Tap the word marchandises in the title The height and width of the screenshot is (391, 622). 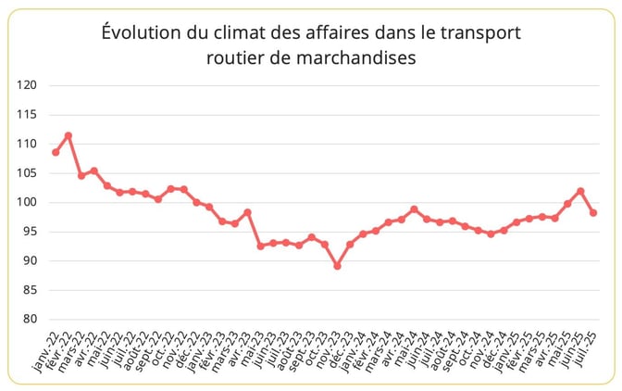(361, 57)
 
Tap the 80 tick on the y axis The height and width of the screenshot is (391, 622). (30, 320)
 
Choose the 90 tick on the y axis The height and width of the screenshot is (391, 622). (30, 261)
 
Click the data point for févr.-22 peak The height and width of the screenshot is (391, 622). (68, 135)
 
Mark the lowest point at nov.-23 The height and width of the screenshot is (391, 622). (337, 266)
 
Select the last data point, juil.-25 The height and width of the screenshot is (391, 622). (593, 213)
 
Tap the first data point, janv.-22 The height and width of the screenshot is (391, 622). (56, 152)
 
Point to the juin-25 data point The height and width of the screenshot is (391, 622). (580, 191)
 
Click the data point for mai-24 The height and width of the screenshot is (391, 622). (414, 209)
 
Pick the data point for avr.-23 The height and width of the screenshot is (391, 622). (247, 212)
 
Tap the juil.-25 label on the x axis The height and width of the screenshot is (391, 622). (582, 352)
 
